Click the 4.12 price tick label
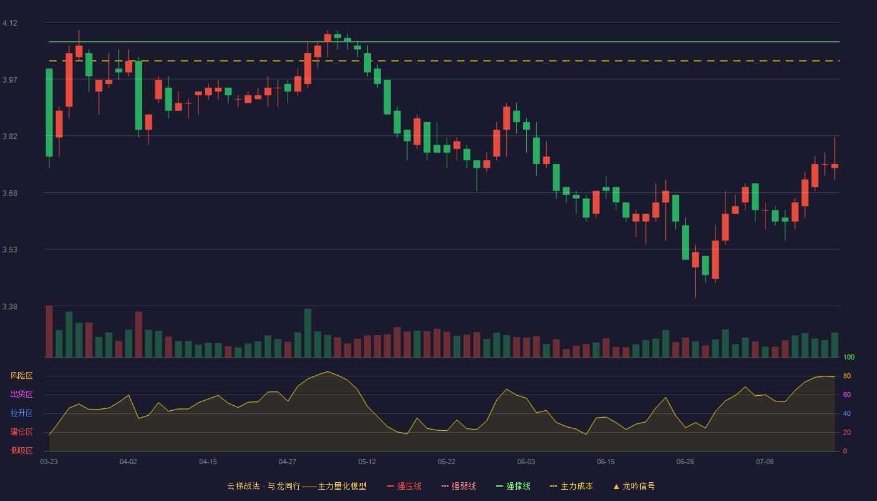[x=10, y=23]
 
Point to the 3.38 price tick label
[x=10, y=306]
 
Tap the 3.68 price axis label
[x=10, y=194]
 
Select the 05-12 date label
[x=367, y=462]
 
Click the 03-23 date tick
[x=49, y=462]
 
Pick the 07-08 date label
[x=765, y=462]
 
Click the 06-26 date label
[x=685, y=462]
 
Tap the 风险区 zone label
[x=21, y=376]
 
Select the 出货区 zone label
[x=21, y=394]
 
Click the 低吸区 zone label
[x=21, y=450]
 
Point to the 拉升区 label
[x=21, y=413]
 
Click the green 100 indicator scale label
[x=849, y=357]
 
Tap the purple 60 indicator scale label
[x=847, y=395]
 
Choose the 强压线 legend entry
[x=404, y=486]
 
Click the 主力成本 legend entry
[x=571, y=486]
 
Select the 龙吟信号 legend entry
[x=634, y=486]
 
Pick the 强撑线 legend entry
[x=513, y=486]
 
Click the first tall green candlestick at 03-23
[x=49, y=113]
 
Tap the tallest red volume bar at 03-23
[x=49, y=331]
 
